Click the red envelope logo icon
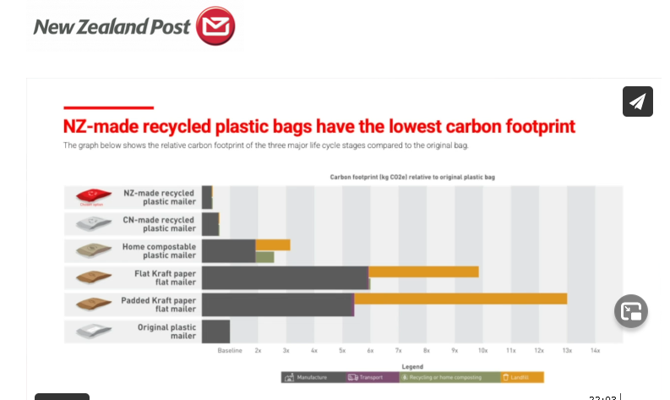coord(215,25)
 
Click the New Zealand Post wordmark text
coord(112,26)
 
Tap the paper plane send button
coord(638,101)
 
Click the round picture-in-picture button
coord(630,310)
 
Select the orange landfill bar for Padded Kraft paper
coord(460,299)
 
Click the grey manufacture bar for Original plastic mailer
coord(215,331)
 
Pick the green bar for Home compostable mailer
coord(264,256)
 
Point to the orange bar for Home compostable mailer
coord(273,245)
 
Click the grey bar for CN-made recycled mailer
coord(210,224)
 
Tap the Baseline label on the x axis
coord(230,350)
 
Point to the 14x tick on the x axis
coord(595,350)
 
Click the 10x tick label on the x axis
coord(482,350)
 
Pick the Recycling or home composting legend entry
coord(449,377)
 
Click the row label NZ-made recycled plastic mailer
coord(159,198)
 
